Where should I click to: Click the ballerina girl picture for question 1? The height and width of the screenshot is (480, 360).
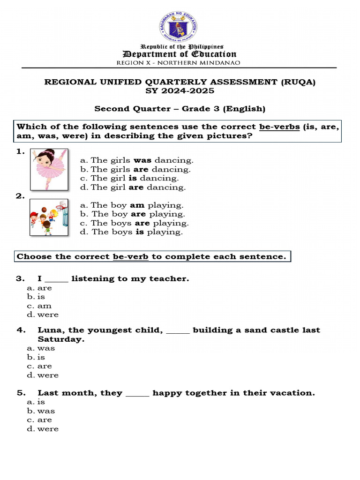coord(49,169)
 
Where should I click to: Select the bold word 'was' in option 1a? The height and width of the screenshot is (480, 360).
coord(142,160)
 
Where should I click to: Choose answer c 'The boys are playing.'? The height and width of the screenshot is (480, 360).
coord(135,223)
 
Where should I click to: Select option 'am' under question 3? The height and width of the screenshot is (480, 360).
coord(45,306)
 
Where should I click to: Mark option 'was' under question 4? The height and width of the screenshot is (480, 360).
coord(46,348)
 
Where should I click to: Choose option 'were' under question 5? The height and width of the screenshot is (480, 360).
coord(48,429)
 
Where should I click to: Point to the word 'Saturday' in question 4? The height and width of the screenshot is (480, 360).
coord(60,339)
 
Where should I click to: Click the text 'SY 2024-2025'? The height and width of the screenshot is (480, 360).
coord(180,91)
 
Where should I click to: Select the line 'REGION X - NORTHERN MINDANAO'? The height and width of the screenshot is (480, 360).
coord(178,62)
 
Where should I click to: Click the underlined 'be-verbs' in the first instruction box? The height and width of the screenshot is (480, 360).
coord(279,127)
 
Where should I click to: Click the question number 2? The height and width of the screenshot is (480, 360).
coord(20,196)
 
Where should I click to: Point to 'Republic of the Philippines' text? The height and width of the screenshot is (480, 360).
coord(182,46)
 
